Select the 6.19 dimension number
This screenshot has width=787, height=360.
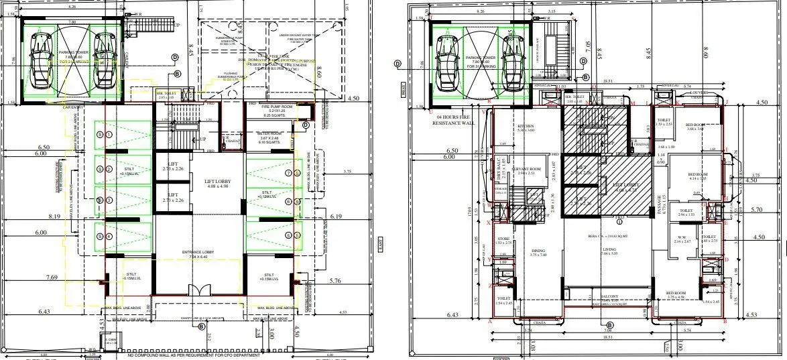[337, 217]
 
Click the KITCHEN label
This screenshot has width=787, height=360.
[525, 126]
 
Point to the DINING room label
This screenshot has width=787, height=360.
[538, 251]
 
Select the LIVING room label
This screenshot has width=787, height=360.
[591, 249]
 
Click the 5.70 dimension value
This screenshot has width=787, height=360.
[758, 210]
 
